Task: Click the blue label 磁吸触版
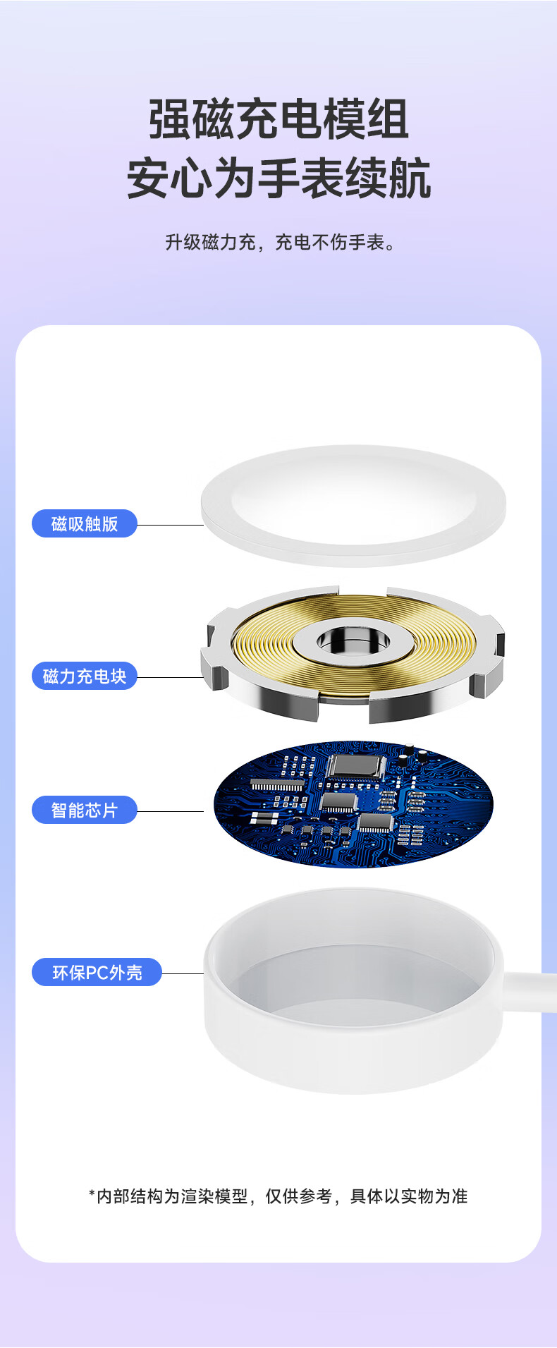coord(85,523)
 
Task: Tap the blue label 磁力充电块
coord(85,676)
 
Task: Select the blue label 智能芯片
coord(85,810)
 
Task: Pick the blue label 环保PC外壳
coord(97,972)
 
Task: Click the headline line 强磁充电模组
coord(278,119)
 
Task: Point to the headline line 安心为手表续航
coord(278,178)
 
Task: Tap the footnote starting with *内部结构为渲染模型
coord(278,1196)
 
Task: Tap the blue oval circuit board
coord(353,803)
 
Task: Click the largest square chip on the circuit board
coord(357,767)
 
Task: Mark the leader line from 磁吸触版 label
coord(170,525)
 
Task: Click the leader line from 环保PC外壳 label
coord(183,973)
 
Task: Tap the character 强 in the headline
coord(170,119)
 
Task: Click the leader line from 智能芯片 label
coord(170,811)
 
